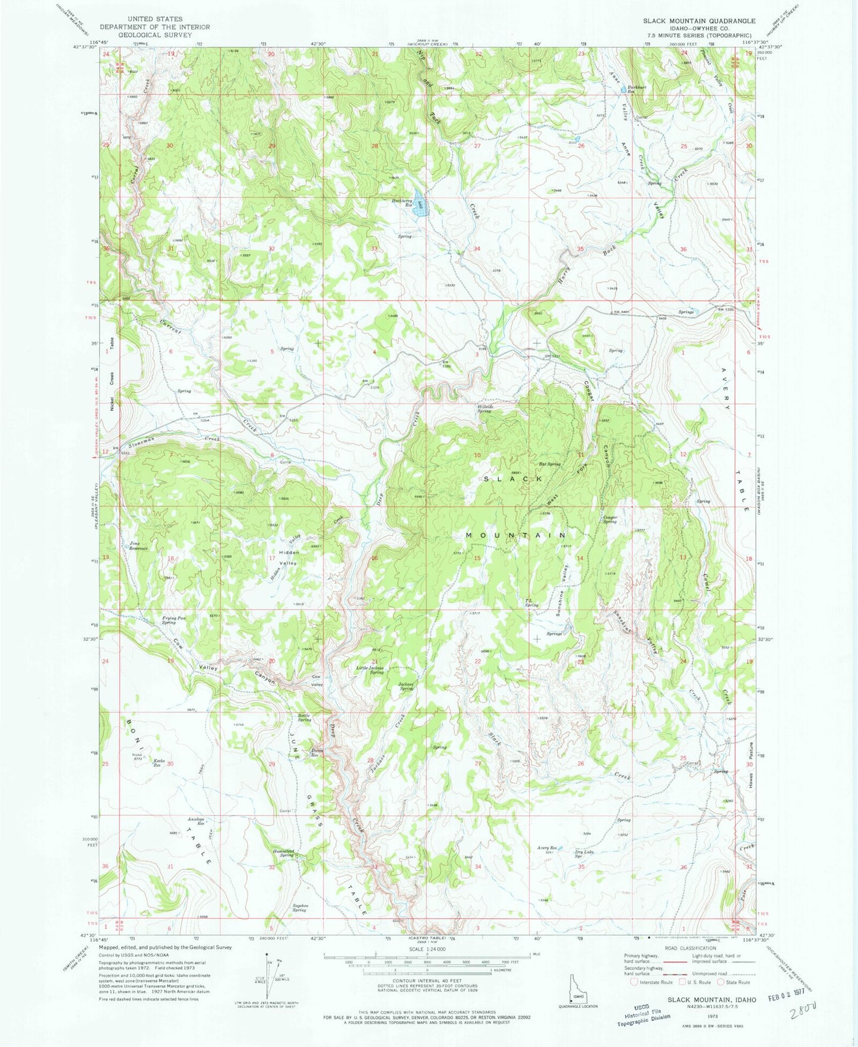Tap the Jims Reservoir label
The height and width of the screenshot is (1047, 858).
click(138, 546)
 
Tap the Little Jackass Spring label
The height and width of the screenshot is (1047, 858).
click(369, 670)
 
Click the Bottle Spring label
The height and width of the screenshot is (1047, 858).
click(304, 718)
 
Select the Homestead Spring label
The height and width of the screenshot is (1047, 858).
click(283, 853)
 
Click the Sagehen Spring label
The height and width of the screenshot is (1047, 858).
click(299, 908)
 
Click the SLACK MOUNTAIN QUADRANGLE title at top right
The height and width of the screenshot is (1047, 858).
click(699, 21)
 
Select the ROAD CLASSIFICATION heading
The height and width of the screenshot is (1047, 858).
click(690, 948)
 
